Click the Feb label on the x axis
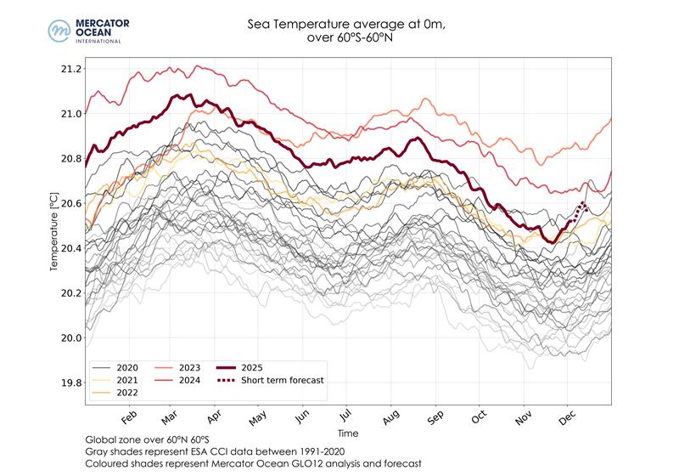129,419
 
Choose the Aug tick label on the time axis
391,419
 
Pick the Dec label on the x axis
567,419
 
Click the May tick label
258,419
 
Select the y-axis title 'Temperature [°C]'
54,225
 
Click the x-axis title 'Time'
347,433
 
